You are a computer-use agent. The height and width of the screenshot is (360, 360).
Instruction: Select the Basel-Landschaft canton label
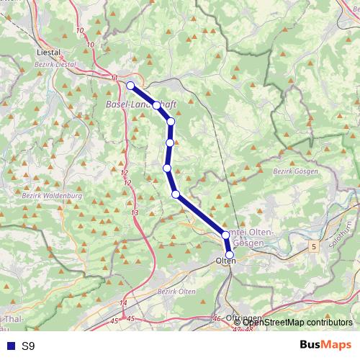141,104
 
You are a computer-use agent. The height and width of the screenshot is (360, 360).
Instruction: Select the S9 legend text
28,346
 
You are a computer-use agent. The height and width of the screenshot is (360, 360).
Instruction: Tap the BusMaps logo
325,345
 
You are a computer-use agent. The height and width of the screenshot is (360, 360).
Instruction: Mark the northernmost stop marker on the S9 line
130,86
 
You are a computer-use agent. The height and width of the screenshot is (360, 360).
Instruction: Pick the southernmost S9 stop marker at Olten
230,255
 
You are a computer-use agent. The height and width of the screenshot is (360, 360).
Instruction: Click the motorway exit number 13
135,213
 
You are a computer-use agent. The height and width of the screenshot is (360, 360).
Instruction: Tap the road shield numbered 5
314,246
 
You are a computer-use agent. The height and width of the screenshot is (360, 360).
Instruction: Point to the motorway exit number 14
123,303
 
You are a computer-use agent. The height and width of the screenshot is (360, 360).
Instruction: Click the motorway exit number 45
130,318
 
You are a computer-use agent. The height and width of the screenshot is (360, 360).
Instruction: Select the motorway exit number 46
217,318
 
